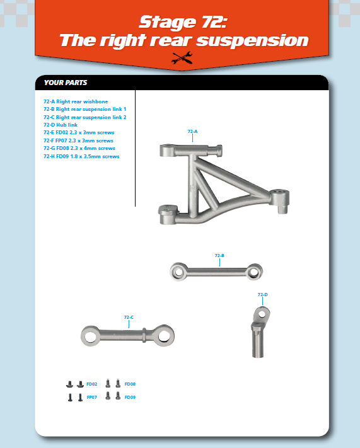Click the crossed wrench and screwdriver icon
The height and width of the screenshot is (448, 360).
(182, 58)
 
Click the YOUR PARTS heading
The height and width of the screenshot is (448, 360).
(66, 83)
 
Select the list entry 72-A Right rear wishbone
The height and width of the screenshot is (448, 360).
(76, 101)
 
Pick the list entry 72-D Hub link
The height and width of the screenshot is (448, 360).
(61, 125)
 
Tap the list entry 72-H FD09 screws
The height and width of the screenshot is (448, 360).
(81, 156)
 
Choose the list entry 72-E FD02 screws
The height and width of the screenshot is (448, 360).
(79, 132)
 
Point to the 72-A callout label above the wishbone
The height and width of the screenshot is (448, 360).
(192, 132)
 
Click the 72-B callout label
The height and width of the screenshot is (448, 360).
(219, 255)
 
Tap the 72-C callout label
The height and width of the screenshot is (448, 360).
(129, 317)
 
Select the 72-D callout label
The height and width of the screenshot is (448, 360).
(262, 295)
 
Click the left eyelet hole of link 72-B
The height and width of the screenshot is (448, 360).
(178, 272)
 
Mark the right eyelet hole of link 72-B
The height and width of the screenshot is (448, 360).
(253, 272)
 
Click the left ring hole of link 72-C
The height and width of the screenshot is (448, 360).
(90, 336)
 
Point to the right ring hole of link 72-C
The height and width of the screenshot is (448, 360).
(165, 336)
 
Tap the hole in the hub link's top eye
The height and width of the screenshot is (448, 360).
(262, 314)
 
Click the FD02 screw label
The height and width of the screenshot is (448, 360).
(92, 384)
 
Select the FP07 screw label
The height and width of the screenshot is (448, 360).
(92, 397)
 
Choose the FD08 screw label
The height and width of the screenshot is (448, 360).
(130, 384)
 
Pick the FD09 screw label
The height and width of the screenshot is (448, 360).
(130, 397)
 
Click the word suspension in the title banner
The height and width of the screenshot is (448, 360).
(252, 40)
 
